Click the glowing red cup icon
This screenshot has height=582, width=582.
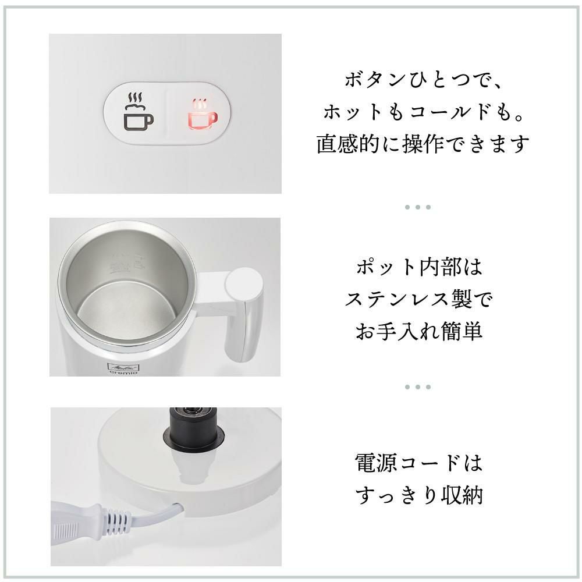click(x=203, y=114)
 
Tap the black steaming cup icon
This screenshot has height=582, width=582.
click(x=138, y=111)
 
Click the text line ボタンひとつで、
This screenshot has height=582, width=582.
click(x=424, y=79)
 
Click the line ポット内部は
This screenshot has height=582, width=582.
click(x=419, y=267)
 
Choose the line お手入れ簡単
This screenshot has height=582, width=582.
click(x=419, y=331)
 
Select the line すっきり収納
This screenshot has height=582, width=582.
click(x=419, y=495)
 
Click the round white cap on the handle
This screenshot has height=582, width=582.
click(x=244, y=285)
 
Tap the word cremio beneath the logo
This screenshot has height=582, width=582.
click(x=123, y=372)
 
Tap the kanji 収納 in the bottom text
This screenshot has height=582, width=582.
click(x=462, y=495)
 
